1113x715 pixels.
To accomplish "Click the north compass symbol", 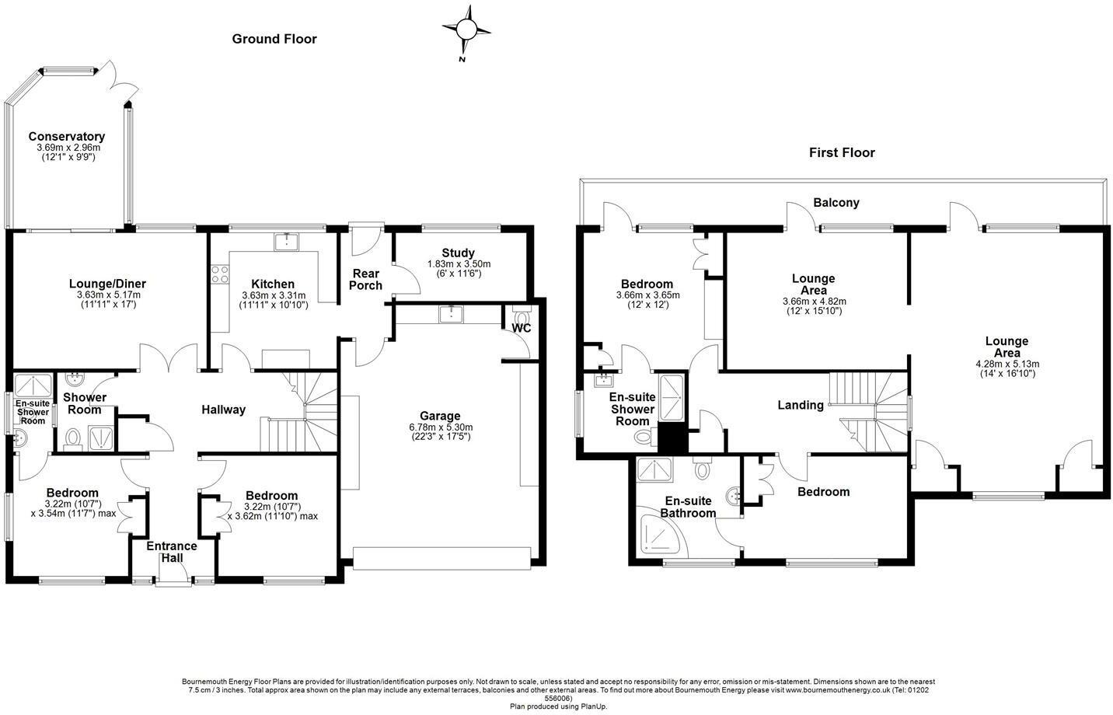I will (x=466, y=30).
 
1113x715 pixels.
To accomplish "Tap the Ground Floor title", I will (x=274, y=39).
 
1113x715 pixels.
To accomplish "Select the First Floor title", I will (x=842, y=152).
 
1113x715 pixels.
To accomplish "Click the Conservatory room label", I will (x=67, y=137).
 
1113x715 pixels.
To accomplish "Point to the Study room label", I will (x=459, y=253).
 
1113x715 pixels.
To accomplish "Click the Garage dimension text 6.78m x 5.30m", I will (x=441, y=427).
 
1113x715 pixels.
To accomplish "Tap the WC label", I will (x=522, y=328).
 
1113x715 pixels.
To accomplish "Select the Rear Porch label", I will (x=366, y=279).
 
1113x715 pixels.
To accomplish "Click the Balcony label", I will (x=836, y=203).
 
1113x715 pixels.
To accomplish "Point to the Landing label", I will (x=801, y=405).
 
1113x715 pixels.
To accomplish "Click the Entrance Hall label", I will (x=172, y=553).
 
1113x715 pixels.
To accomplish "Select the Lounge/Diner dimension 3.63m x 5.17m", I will (x=108, y=295).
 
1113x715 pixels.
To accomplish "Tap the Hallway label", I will (x=224, y=410).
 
